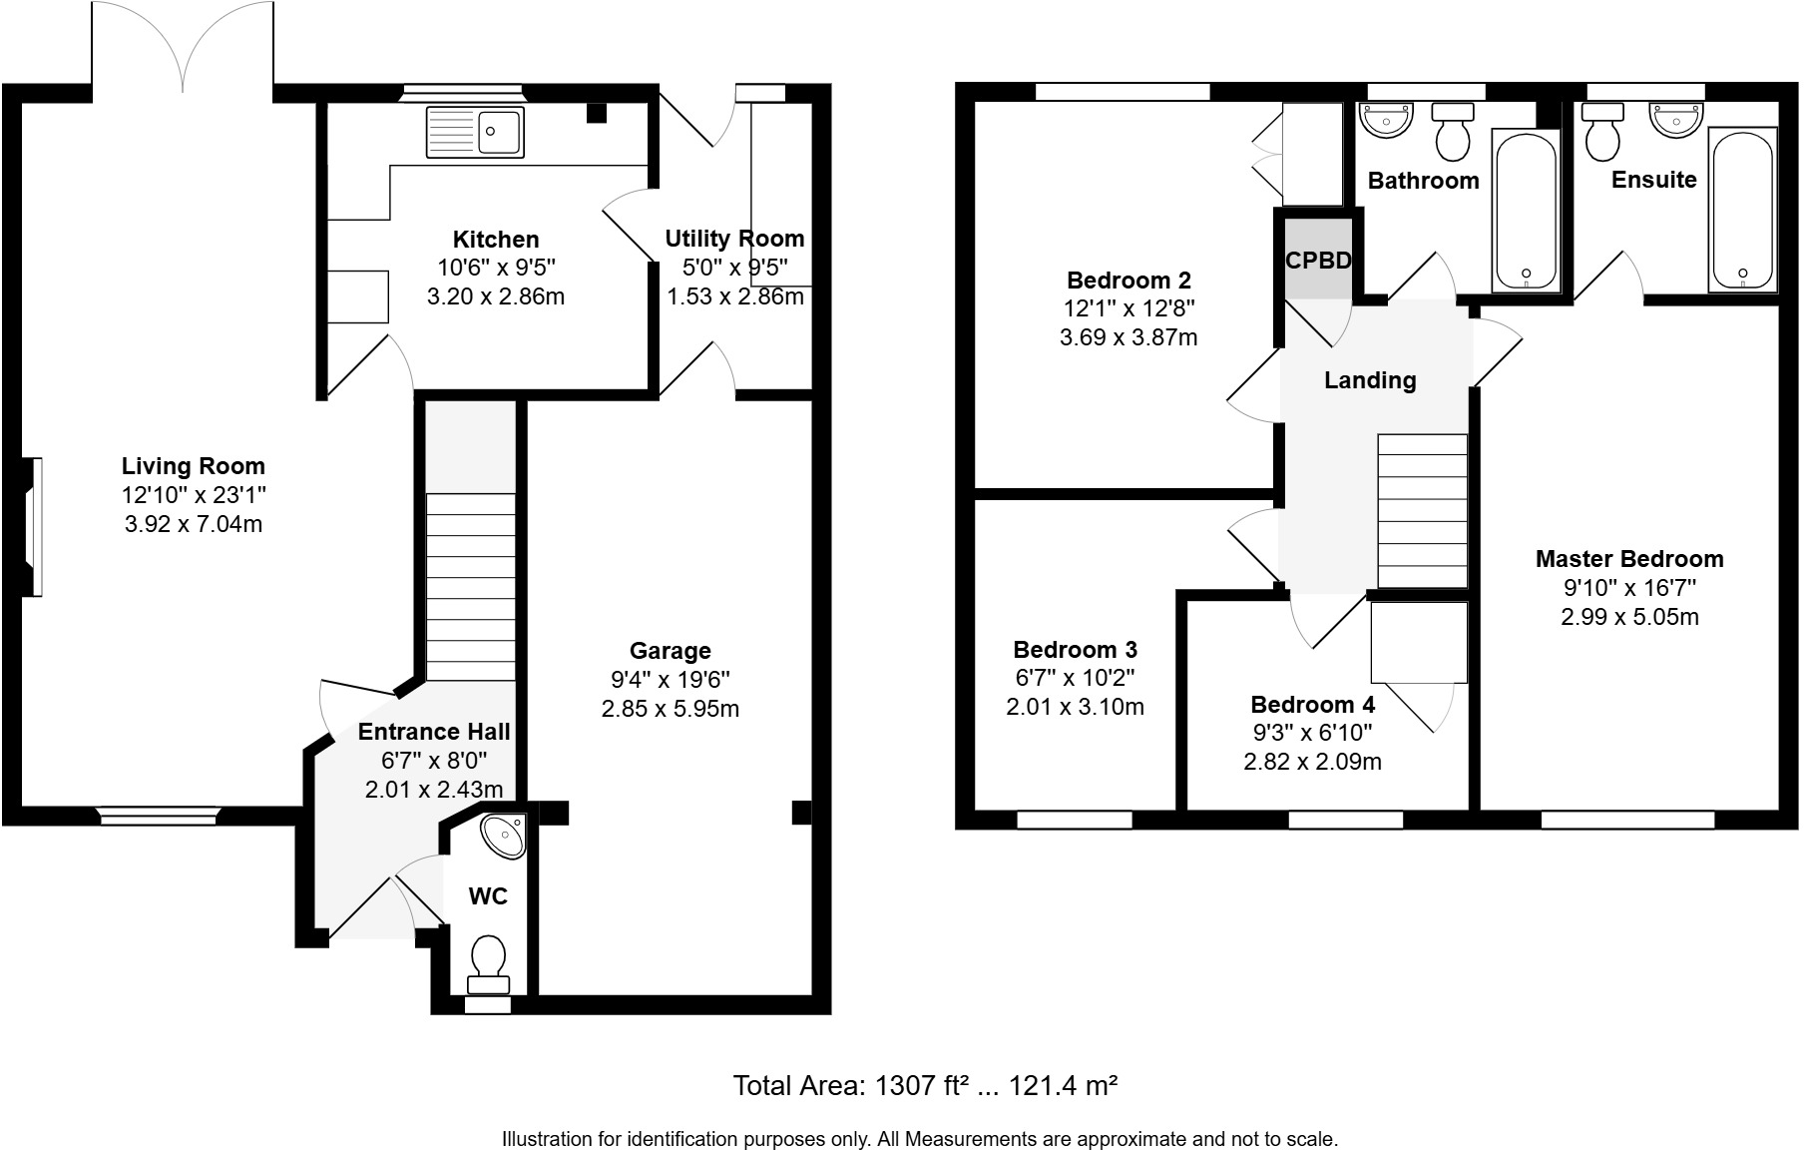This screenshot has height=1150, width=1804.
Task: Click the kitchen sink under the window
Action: coord(475,132)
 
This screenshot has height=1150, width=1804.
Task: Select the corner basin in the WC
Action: coord(504,836)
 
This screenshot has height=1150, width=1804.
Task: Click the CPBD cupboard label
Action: coord(1317,261)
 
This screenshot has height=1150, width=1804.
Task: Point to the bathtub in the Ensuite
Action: coord(1742,210)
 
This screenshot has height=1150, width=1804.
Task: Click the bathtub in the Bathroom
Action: coord(1525,212)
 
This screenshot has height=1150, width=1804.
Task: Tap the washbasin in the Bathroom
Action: coord(1386,120)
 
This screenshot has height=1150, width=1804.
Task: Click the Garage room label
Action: coord(670,651)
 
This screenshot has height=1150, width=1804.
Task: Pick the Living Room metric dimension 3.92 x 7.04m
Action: coord(193,524)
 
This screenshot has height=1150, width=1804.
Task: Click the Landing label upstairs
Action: coord(1369,380)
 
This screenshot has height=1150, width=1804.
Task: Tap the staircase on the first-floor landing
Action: coord(1422,511)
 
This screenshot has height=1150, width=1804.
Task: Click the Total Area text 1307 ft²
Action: coord(922,1086)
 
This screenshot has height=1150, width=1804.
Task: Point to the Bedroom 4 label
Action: coord(1311,704)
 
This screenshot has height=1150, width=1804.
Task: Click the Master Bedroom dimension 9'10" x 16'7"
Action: coord(1628,588)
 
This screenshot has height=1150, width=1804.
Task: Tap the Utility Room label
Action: coord(734,239)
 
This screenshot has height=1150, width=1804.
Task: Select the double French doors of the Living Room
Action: coord(182,50)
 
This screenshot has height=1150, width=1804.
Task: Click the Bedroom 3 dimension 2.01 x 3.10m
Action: coord(1075,707)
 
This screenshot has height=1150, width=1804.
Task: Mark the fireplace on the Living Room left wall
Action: coord(33,527)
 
